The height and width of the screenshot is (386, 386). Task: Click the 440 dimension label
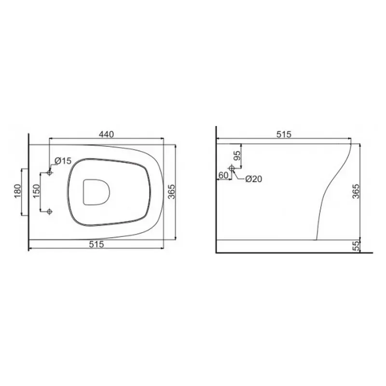(107, 135)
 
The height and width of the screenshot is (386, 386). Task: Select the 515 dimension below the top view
(97, 245)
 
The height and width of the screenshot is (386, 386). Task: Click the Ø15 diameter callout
(63, 160)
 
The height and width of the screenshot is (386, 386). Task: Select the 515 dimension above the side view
(283, 135)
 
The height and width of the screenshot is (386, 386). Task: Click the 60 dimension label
(222, 175)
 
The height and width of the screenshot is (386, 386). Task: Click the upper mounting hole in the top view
(50, 172)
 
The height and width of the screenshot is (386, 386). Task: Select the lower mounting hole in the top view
(50, 211)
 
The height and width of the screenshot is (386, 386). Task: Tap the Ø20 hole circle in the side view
(232, 168)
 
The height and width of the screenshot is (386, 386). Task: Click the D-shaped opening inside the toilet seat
(96, 192)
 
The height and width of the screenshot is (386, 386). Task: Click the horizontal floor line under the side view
(294, 252)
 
